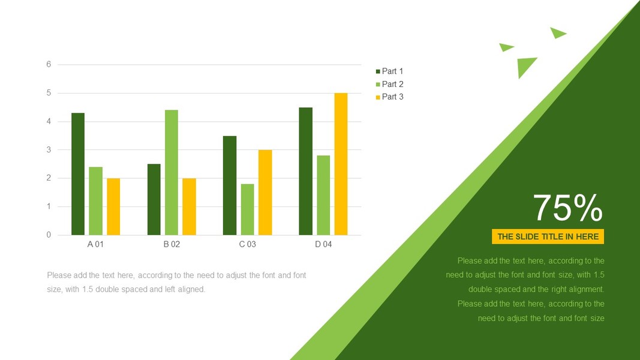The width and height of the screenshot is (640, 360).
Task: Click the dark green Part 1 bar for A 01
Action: pyautogui.click(x=78, y=174)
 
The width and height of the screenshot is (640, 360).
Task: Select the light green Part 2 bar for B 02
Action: pyautogui.click(x=172, y=172)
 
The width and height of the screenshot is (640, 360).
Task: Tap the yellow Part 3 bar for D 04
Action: pyautogui.click(x=341, y=164)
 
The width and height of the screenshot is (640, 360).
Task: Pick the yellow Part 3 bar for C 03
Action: pyautogui.click(x=265, y=192)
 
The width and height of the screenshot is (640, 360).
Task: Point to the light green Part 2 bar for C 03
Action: pyautogui.click(x=247, y=209)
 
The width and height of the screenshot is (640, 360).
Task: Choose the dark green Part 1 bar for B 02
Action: pyautogui.click(x=154, y=199)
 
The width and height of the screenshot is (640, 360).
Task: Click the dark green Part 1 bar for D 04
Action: pyautogui.click(x=305, y=171)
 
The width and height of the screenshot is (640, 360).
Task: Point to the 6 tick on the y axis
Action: pyautogui.click(x=49, y=64)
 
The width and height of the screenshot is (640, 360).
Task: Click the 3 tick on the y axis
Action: pyautogui.click(x=49, y=149)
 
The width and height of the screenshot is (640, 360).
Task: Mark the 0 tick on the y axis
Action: pyautogui.click(x=49, y=235)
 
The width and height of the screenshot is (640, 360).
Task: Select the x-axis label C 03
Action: pyautogui.click(x=247, y=244)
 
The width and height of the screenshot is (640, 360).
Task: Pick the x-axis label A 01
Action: pyautogui.click(x=95, y=244)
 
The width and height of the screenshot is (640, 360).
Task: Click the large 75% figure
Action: pyautogui.click(x=567, y=208)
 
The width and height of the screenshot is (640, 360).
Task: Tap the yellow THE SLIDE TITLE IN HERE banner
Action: pyautogui.click(x=548, y=236)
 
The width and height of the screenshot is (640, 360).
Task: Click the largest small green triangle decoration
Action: pyautogui.click(x=525, y=65)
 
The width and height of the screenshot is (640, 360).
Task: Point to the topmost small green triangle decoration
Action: pyautogui.click(x=557, y=32)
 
